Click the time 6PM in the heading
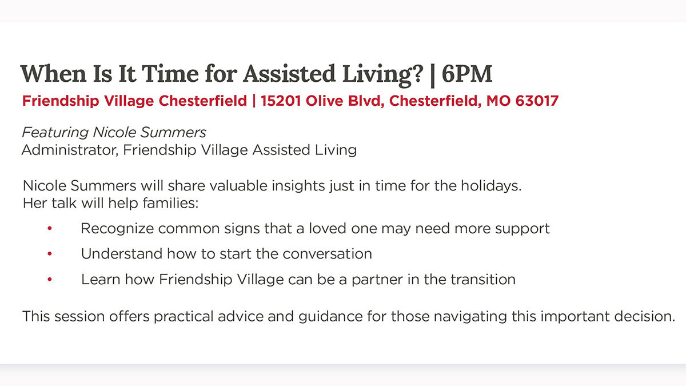(x=466, y=74)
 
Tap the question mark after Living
(x=417, y=74)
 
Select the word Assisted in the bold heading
(x=289, y=74)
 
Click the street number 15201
(x=281, y=101)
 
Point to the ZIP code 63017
(x=537, y=101)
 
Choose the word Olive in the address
(x=324, y=101)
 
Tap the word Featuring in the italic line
(x=55, y=133)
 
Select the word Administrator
(x=70, y=150)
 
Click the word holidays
(x=491, y=186)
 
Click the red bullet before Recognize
(x=50, y=228)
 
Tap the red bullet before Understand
(x=50, y=254)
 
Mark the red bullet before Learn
(x=50, y=279)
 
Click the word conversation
(x=327, y=254)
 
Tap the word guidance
(x=330, y=317)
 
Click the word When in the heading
(x=53, y=74)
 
